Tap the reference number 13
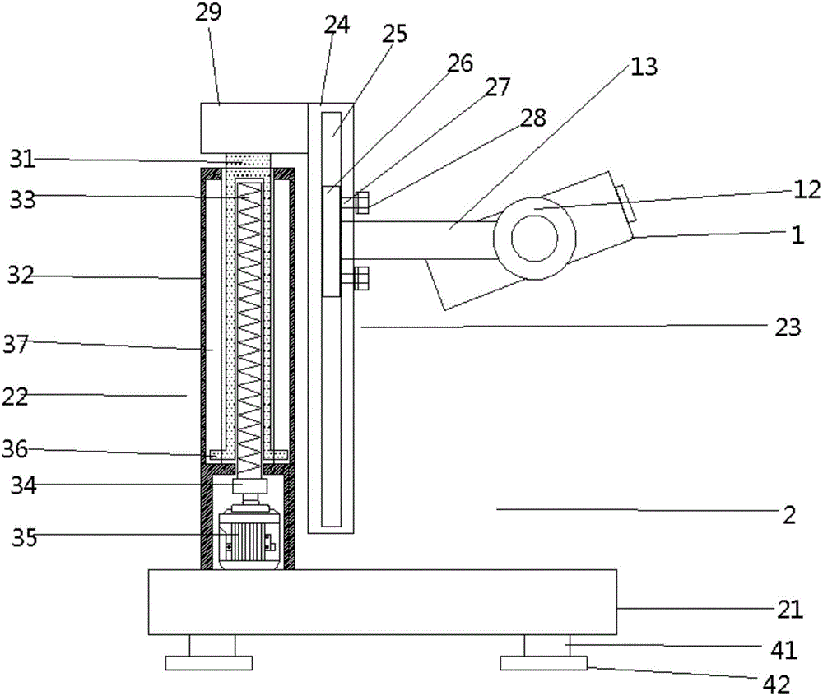pyautogui.click(x=644, y=66)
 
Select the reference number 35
pyautogui.click(x=24, y=538)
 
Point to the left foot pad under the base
pyautogui.click(x=208, y=662)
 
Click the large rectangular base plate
pyautogui.click(x=383, y=601)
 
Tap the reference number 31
pyautogui.click(x=24, y=159)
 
